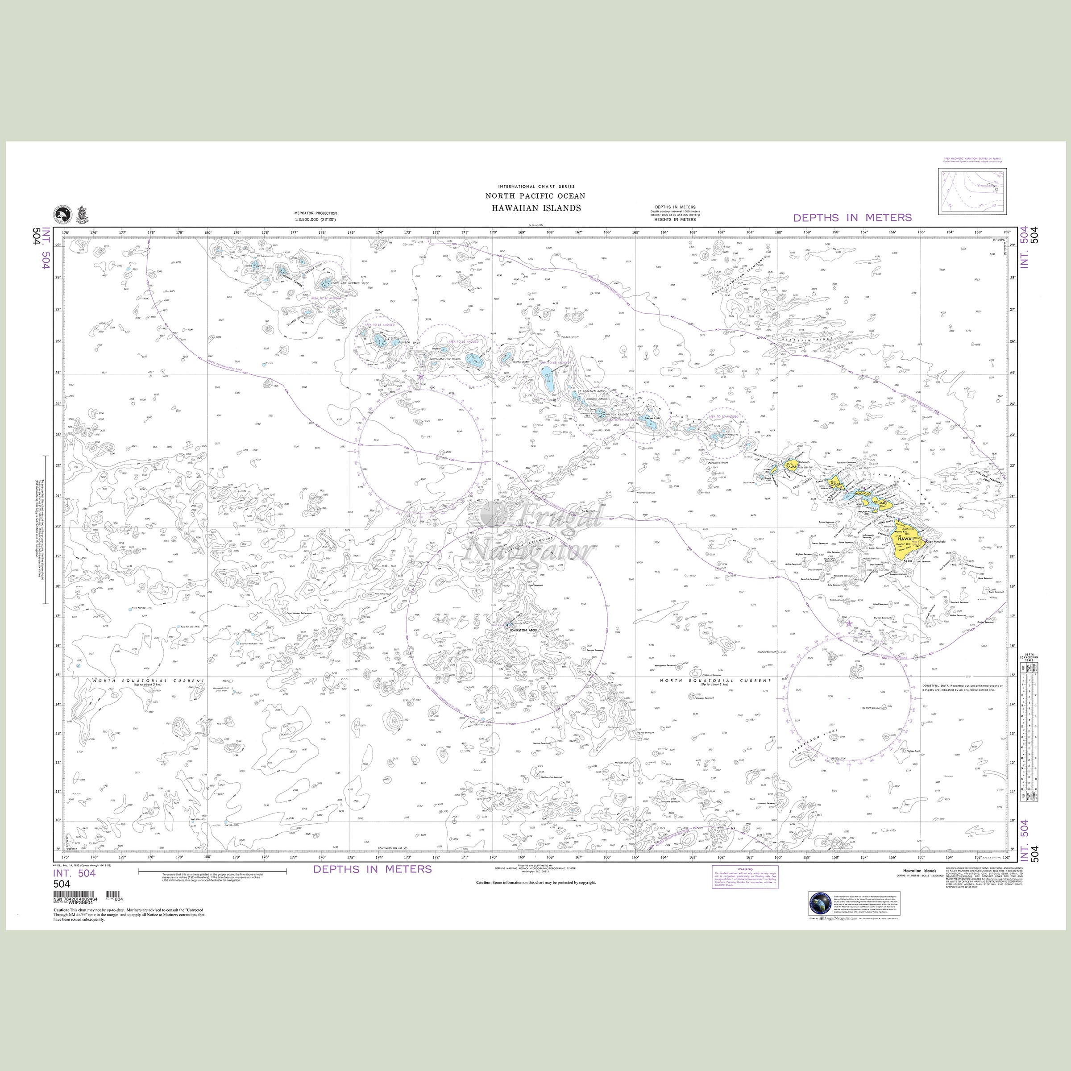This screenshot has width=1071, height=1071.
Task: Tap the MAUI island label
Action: tap(884, 503)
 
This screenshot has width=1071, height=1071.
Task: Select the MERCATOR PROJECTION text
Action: tap(316, 213)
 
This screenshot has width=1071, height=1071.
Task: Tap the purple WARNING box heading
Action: tap(744, 869)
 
